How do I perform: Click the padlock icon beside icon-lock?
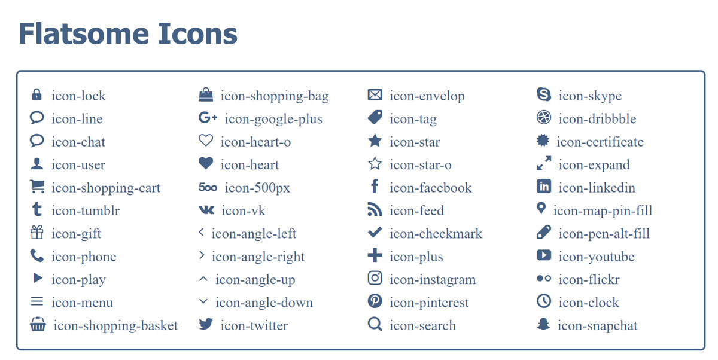tap(36, 95)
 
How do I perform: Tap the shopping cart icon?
tap(37, 187)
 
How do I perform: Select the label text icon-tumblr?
tap(86, 210)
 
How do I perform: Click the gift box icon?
tap(37, 233)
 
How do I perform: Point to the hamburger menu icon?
tap(36, 302)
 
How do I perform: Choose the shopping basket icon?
tap(38, 324)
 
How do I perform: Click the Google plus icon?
tap(208, 118)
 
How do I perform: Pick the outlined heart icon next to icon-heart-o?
tap(206, 141)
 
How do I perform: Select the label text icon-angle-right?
tap(258, 257)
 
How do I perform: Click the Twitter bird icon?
tap(206, 324)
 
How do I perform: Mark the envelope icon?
tap(375, 95)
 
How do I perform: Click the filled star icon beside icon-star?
tap(375, 141)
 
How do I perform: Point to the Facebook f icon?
tap(375, 186)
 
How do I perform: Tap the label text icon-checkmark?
tap(436, 234)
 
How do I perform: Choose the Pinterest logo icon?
tap(375, 301)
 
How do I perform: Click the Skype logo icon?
tap(544, 94)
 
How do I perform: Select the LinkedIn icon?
tap(544, 186)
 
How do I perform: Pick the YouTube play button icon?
tap(544, 255)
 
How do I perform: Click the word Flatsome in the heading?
tap(84, 33)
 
